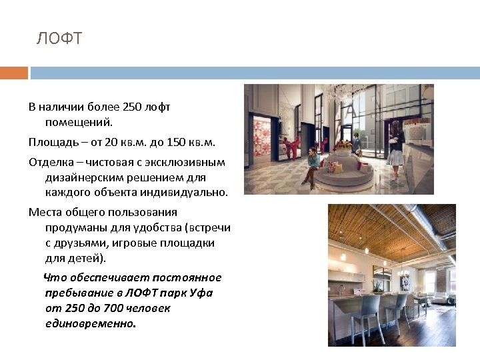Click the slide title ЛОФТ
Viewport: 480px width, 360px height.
(59, 39)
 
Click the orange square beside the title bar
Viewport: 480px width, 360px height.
(14, 73)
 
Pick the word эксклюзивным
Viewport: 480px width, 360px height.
(191, 162)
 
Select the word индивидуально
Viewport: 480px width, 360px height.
(183, 193)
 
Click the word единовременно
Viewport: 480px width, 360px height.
(89, 323)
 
